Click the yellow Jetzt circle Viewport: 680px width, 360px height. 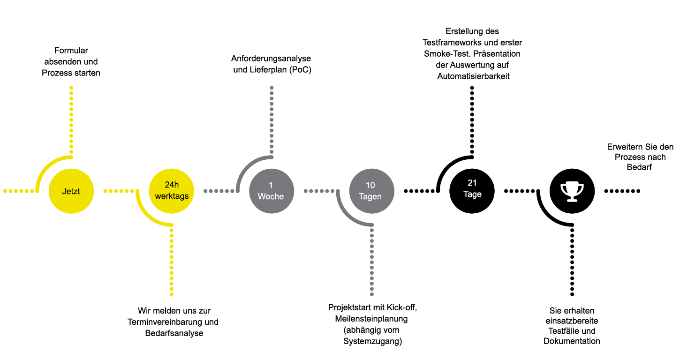tap(71, 191)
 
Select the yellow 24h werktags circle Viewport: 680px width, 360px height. tap(172, 191)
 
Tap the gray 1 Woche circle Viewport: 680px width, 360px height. tap(272, 191)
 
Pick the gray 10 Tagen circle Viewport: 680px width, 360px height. tap(371, 191)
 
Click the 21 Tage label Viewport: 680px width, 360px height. tap(472, 188)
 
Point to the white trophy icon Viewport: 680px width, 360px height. tap(572, 192)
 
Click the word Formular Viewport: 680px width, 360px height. tap(71, 51)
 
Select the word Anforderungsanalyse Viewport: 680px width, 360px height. tap(271, 59)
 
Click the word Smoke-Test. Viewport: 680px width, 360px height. tap(443, 54)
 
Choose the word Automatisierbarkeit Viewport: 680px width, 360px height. tap(473, 76)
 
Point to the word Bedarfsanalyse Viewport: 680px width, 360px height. tap(174, 333)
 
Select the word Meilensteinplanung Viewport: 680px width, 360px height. tap(371, 319)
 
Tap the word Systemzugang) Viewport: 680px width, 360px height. tap(373, 341)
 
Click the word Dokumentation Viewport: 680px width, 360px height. tap(572, 341)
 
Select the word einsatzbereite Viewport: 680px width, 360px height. tap(572, 321)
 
